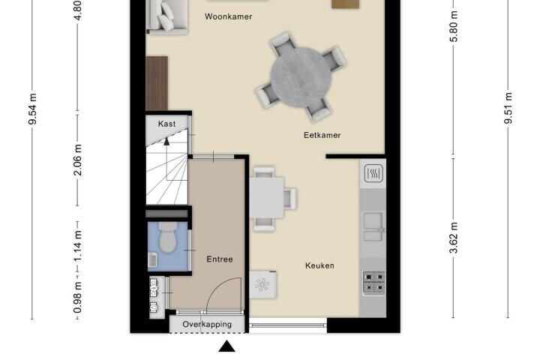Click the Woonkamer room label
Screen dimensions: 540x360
(x=228, y=16)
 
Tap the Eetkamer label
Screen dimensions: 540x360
(x=322, y=135)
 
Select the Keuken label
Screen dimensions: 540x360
(x=320, y=265)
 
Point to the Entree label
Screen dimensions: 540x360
(x=220, y=259)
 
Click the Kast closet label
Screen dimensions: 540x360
(x=167, y=124)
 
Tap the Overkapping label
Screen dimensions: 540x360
(x=207, y=324)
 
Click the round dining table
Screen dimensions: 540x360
(x=301, y=76)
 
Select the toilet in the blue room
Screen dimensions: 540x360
(x=168, y=237)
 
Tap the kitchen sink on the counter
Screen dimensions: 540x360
(x=373, y=226)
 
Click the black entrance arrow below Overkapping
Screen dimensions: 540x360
(x=227, y=346)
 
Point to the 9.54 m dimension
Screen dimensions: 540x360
(x=33, y=109)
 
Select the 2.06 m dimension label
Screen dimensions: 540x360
(x=78, y=160)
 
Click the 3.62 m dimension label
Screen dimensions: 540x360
(x=454, y=238)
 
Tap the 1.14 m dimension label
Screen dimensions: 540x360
(x=78, y=246)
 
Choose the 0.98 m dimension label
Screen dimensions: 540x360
(x=78, y=298)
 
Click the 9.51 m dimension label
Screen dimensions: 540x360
(x=508, y=108)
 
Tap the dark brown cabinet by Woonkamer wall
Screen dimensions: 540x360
(x=157, y=83)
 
